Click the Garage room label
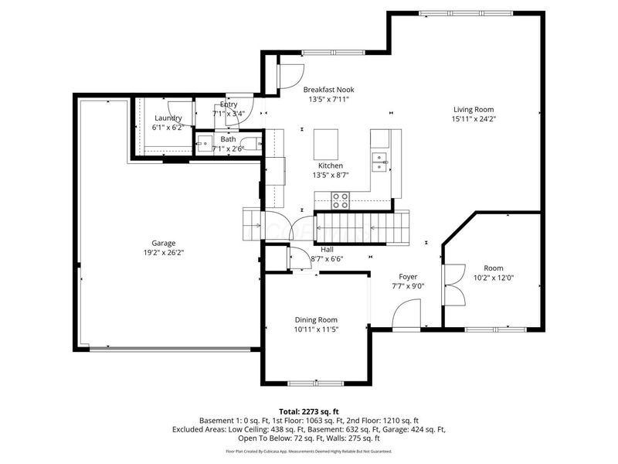coord(163,242)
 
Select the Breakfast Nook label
coord(328,90)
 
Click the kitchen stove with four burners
coord(340,200)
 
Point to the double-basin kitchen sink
coord(379,161)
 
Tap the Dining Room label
coord(317,319)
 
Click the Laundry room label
coord(168,118)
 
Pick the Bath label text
coord(228,139)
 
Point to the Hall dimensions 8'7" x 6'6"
coord(327,260)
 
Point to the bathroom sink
coord(204,143)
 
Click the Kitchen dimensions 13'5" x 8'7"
coord(331,176)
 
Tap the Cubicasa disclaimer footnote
coord(308,451)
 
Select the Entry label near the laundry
coord(229,104)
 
